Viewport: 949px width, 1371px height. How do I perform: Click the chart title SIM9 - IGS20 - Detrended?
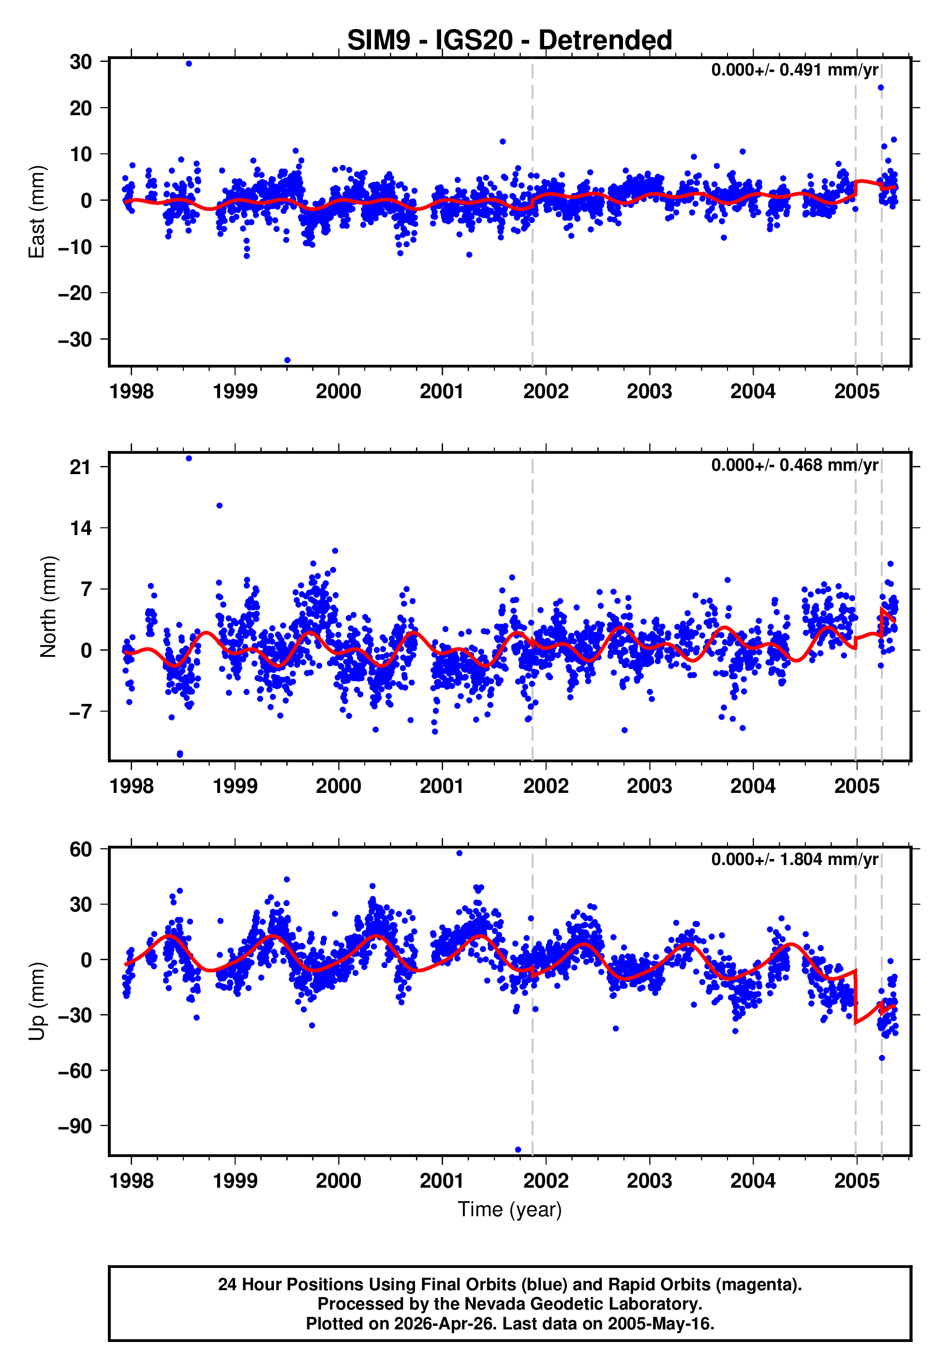pos(510,41)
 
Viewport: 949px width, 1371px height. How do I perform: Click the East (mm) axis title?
pos(37,212)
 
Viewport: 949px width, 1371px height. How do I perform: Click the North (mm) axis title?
pos(48,607)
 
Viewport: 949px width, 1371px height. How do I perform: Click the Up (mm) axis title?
pos(37,1001)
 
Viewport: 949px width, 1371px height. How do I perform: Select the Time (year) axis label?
pos(510,1209)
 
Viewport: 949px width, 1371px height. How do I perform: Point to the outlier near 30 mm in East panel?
pos(189,63)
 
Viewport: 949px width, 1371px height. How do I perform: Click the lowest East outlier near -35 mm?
pos(287,360)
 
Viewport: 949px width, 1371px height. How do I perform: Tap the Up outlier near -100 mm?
pos(518,1150)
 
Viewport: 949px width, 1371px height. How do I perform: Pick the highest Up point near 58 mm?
pos(459,853)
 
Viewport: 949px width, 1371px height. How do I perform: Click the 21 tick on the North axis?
pos(80,467)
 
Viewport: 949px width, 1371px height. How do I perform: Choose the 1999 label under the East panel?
pos(235,391)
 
